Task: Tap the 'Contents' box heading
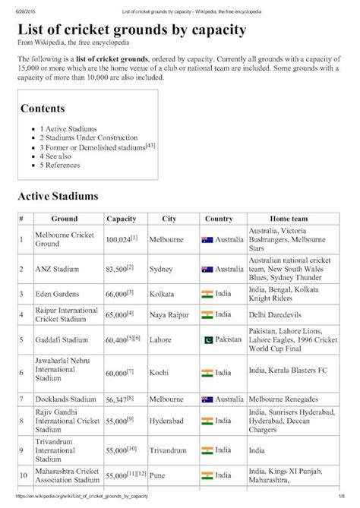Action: (43, 109)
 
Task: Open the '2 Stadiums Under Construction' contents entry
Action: (84, 138)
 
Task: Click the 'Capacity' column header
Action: (122, 219)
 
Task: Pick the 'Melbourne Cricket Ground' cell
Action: (64, 240)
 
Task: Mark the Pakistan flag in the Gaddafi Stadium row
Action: (207, 339)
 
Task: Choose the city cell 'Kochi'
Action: (159, 373)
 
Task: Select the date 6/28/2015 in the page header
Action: (20, 5)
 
